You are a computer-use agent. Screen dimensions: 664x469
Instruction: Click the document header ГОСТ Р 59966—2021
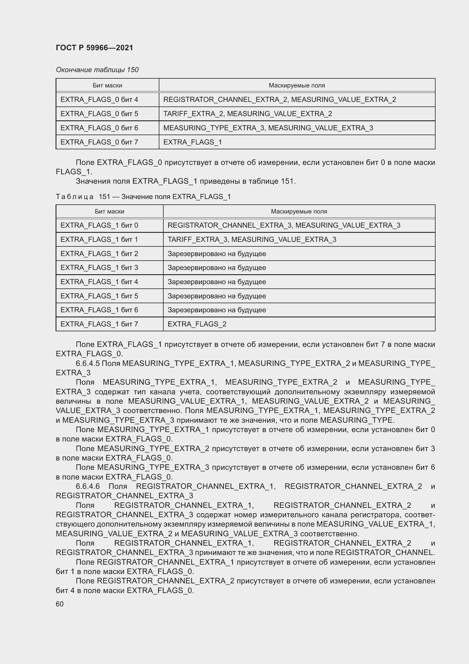[94, 48]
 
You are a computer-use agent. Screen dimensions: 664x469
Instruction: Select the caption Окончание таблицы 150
[97, 70]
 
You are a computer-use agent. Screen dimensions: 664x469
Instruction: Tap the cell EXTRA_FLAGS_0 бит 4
[99, 99]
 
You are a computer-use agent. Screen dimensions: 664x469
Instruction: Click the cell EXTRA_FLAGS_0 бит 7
[99, 142]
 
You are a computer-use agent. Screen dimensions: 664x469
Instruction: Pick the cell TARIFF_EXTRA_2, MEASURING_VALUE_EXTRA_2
[248, 114]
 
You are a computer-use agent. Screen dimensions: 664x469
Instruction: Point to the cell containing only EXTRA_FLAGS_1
[192, 142]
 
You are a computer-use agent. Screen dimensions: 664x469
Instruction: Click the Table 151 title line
[143, 197]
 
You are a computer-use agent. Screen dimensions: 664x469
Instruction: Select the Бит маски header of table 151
[109, 211]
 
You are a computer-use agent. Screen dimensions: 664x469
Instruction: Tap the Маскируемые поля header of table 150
[297, 85]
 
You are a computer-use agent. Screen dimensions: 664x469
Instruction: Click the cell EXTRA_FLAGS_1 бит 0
[99, 225]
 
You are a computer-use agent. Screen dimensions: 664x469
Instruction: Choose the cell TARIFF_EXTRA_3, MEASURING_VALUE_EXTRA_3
[252, 240]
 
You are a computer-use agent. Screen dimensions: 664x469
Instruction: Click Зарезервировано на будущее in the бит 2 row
[217, 254]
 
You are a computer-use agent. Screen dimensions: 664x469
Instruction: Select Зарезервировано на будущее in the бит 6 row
[217, 310]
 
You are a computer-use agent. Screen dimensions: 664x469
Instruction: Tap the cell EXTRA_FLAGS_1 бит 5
[99, 296]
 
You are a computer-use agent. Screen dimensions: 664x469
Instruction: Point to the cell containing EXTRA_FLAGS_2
[197, 324]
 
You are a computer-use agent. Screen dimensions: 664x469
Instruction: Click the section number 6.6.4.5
[88, 363]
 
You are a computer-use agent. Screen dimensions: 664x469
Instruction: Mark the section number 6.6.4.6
[88, 486]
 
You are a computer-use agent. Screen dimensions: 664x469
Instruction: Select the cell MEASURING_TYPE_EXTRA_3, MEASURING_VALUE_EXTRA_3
[268, 128]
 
